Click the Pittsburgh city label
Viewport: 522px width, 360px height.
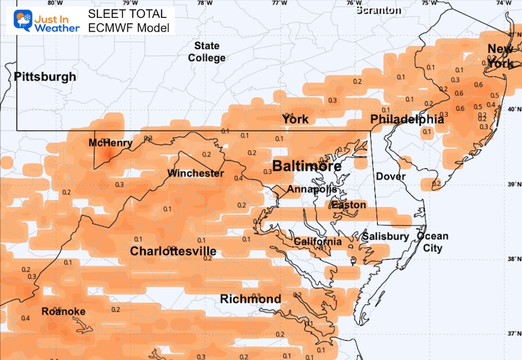point(45,76)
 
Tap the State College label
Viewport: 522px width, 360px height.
point(207,52)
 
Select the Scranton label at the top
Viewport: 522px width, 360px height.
point(378,10)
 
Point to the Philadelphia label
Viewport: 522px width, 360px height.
point(407,120)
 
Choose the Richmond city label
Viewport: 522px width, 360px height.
point(250,299)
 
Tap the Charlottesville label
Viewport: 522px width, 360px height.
point(173,251)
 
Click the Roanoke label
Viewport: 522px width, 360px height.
point(63,311)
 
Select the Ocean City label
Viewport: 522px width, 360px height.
point(432,242)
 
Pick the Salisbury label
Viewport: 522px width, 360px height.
point(386,236)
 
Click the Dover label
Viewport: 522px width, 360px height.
point(391,177)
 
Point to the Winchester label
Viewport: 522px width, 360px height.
point(196,173)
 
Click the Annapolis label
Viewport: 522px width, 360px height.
point(313,189)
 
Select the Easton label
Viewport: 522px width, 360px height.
point(348,205)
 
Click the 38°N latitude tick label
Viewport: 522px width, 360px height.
point(512,259)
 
